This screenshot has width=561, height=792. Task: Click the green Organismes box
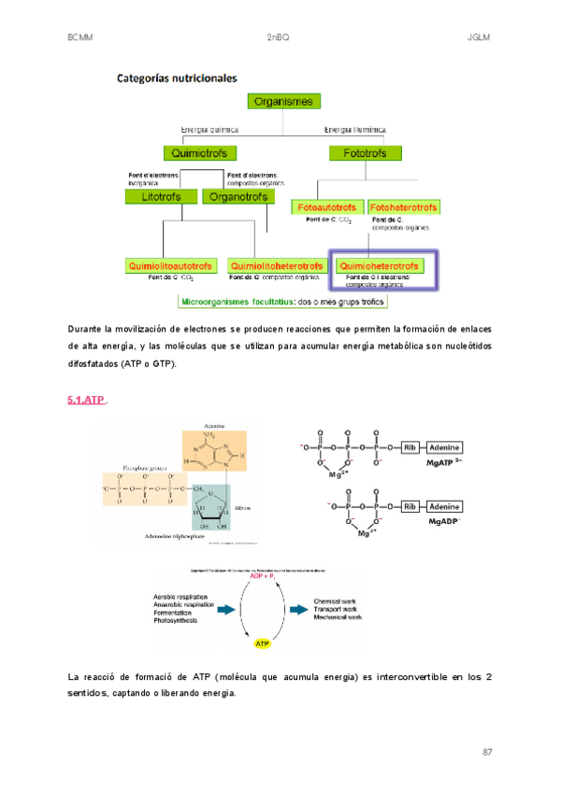point(285,102)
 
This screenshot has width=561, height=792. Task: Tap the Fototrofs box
point(360,151)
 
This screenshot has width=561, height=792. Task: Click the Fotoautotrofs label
point(327,206)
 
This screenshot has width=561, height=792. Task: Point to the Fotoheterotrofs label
point(405,206)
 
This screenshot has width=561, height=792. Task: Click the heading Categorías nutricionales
point(176,78)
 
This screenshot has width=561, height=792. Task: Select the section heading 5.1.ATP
point(86,400)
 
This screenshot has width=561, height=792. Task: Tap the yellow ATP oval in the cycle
point(263,643)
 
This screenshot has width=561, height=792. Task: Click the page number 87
point(487,752)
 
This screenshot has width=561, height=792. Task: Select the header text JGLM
point(479,38)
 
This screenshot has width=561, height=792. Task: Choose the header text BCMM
point(80,38)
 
